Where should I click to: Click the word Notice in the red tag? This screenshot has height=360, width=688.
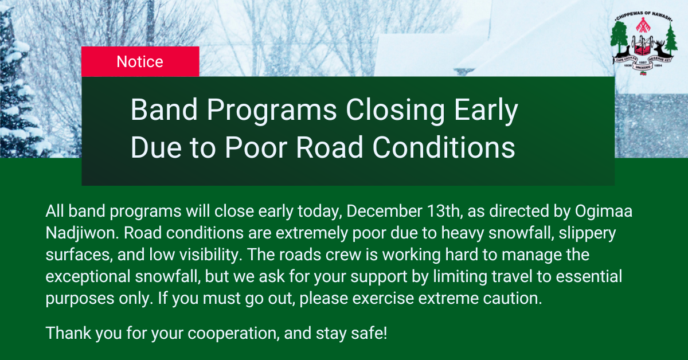pos(140,62)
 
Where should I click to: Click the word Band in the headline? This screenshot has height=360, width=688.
pos(164,109)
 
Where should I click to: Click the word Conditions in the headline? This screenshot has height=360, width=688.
pos(444,147)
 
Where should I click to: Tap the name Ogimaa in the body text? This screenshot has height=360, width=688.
pos(603,212)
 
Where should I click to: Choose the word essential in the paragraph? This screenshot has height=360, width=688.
pos(589,276)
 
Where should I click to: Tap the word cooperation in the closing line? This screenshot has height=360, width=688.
pos(233,334)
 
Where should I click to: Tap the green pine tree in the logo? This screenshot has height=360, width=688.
pos(671,39)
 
